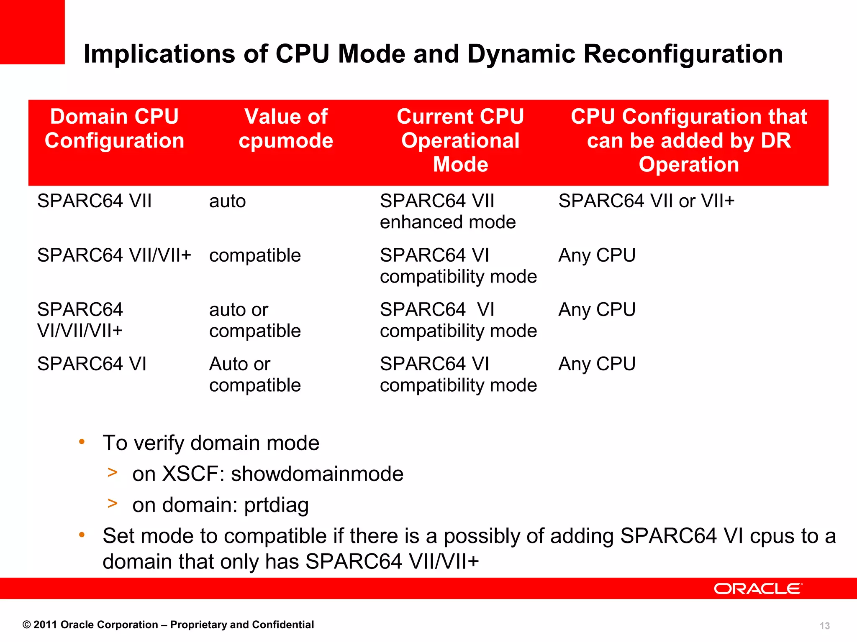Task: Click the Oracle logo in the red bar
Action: (x=758, y=588)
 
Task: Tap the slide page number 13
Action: (x=824, y=626)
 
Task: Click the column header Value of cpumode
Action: (x=286, y=128)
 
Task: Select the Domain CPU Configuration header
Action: (x=114, y=128)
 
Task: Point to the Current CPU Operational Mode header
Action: (x=460, y=140)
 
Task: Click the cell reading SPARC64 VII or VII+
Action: (x=647, y=201)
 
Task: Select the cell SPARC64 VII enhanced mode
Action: (x=447, y=211)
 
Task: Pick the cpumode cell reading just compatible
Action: (x=255, y=255)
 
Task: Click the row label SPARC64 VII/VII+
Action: (x=114, y=255)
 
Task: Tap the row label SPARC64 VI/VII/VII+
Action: (x=80, y=320)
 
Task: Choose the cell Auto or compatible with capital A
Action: (x=255, y=374)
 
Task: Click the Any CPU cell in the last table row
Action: (x=597, y=364)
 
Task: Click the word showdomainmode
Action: (x=317, y=474)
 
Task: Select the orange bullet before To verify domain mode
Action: (x=82, y=441)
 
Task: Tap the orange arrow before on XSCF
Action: (x=112, y=472)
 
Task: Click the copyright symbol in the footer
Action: (x=26, y=625)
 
